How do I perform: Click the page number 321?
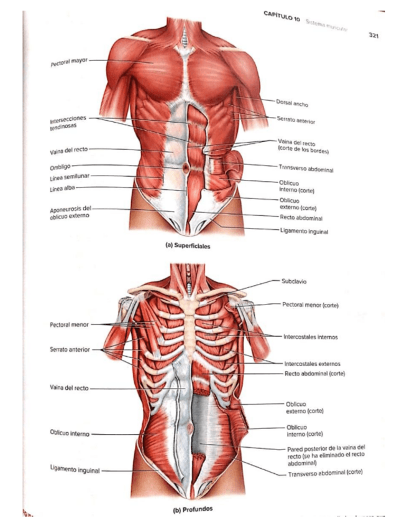click(x=373, y=35)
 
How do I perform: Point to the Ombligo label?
click(x=60, y=166)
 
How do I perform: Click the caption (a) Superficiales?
click(x=188, y=246)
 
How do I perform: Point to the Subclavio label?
click(x=294, y=281)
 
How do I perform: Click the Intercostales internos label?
click(x=310, y=337)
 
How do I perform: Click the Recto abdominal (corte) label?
click(x=314, y=374)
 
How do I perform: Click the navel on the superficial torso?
click(x=186, y=167)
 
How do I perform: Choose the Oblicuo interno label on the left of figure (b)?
click(x=70, y=432)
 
